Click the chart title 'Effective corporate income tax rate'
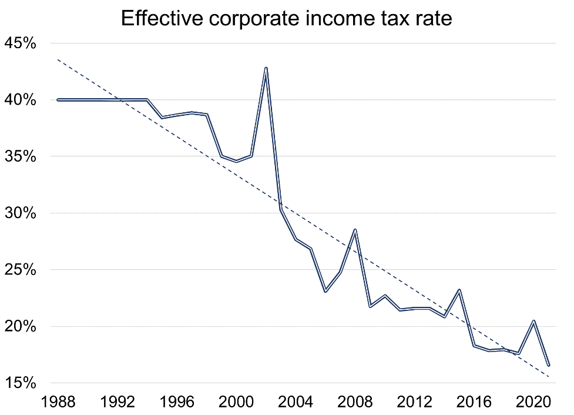(287, 18)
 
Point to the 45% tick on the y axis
(21, 43)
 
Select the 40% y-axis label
(21, 100)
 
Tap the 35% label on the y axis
(21, 157)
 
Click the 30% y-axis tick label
(21, 213)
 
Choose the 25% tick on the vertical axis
(21, 270)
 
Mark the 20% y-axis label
(21, 327)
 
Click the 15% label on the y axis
(21, 383)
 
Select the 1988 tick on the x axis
(58, 404)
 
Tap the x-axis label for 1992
(118, 404)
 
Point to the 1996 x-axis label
(177, 404)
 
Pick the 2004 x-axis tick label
(296, 404)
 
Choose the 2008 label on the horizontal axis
(355, 404)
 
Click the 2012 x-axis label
(415, 404)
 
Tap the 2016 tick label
(474, 404)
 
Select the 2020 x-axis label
(533, 404)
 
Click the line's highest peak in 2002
(266, 68)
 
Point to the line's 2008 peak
(355, 230)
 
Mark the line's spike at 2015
(459, 290)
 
